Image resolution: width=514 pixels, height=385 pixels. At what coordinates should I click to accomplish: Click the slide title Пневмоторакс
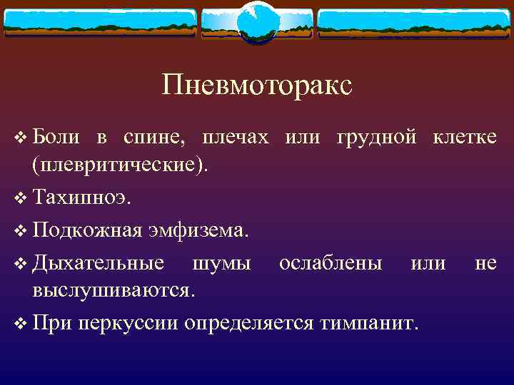257,86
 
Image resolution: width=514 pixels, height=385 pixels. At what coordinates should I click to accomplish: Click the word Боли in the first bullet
53,137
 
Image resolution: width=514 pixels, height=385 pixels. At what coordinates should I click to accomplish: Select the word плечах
236,137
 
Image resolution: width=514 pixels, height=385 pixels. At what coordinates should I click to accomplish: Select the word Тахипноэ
81,197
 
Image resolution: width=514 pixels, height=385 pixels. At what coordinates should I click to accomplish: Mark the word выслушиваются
112,290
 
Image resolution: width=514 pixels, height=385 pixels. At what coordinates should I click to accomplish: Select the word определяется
248,322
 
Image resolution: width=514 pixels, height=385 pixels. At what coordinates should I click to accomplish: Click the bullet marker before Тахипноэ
19,197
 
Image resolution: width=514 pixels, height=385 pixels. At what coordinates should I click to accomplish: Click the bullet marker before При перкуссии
19,322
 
